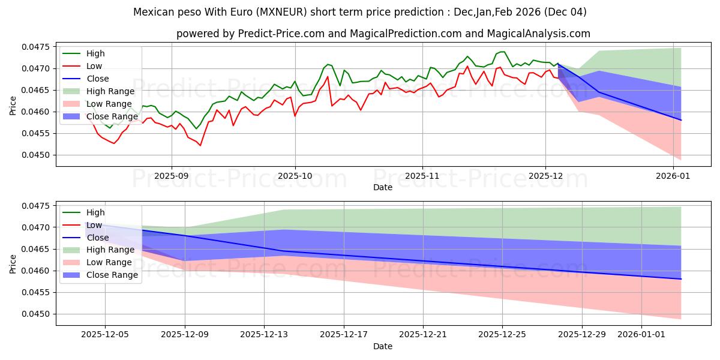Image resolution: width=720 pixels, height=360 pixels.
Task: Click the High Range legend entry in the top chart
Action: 110,91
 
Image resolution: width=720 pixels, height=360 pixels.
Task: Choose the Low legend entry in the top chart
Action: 94,66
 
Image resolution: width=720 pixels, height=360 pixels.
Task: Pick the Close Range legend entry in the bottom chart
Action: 112,275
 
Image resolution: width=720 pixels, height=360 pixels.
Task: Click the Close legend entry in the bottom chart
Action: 98,238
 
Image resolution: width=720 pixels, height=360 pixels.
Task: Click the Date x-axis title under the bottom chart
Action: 383,346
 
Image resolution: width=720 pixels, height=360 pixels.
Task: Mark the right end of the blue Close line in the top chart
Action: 681,120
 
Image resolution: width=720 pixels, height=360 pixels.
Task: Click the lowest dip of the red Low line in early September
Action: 200,145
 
